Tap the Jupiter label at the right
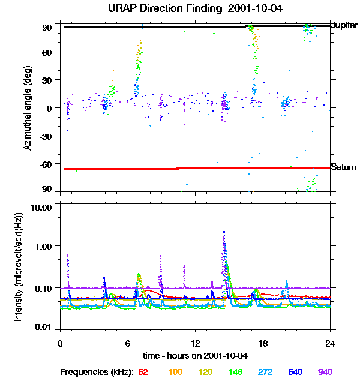[344, 26]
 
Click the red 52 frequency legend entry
[143, 373]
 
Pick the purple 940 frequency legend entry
[325, 373]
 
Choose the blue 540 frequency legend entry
[295, 373]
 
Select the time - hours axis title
[194, 356]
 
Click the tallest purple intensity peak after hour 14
[224, 232]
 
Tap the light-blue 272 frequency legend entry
[265, 373]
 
